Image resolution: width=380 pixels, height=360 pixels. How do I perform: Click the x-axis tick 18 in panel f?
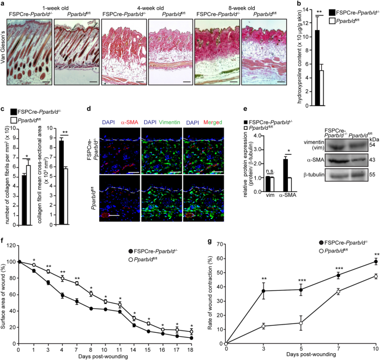[x=191, y=351]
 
